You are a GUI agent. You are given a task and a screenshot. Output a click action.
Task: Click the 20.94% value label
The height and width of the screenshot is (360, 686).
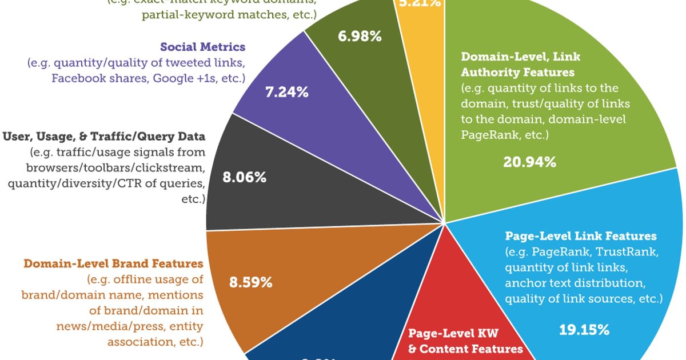[529, 162]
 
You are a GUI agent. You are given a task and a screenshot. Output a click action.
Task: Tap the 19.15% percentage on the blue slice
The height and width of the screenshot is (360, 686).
[583, 330]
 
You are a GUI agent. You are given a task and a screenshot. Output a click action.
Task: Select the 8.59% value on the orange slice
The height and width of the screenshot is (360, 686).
[250, 282]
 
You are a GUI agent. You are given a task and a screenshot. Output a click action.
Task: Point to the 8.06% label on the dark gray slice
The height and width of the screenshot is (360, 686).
[244, 178]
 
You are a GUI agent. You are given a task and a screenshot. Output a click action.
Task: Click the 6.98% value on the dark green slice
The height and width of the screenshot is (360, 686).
[360, 37]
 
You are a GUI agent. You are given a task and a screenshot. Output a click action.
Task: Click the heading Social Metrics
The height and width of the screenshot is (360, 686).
[202, 47]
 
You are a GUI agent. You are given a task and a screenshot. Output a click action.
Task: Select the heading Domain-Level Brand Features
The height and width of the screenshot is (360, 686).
[113, 263]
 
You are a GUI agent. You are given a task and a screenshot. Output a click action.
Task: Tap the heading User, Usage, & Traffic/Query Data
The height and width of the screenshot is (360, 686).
[103, 137]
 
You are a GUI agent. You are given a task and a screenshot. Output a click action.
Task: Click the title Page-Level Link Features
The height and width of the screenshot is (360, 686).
[581, 236]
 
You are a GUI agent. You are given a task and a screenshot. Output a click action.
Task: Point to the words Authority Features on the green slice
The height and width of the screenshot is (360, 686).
[518, 73]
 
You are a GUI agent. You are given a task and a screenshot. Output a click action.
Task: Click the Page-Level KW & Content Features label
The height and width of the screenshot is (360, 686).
[465, 341]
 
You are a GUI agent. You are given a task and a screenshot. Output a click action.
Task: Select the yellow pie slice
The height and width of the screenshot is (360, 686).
[421, 23]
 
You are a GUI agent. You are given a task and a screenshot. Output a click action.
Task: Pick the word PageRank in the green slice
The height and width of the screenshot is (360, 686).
[484, 135]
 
